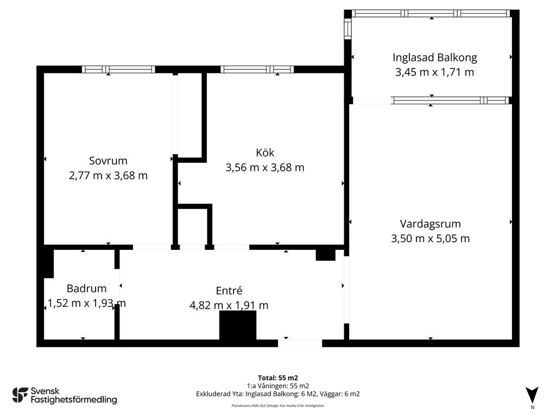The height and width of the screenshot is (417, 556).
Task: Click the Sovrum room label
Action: tap(108, 161)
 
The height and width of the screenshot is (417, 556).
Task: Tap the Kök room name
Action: tap(265, 153)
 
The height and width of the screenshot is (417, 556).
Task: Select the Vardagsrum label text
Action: tap(430, 224)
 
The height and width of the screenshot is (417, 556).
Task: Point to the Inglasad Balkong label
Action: tap(435, 58)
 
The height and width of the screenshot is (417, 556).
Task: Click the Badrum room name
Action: tap(86, 288)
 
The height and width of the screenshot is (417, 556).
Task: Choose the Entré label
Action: tap(229, 291)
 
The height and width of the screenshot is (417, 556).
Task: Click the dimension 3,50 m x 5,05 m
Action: tap(430, 239)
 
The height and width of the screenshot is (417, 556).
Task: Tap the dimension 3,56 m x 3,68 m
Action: tap(265, 167)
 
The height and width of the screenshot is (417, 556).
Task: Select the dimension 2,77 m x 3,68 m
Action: tap(108, 175)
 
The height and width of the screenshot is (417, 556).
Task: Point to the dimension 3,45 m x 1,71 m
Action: tap(435, 72)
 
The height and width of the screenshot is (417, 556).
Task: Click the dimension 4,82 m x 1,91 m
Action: tap(229, 305)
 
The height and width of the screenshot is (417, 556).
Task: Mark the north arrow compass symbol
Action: tap(532, 395)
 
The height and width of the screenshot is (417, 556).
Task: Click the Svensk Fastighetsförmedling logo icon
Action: tap(20, 395)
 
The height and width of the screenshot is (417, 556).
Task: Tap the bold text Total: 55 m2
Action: tap(278, 378)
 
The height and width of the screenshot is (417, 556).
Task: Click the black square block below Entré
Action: tap(238, 325)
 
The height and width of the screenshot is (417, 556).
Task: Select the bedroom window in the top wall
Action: tap(118, 69)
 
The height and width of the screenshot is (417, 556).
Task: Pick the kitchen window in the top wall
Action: tap(257, 69)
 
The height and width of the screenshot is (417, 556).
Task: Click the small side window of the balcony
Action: tap(347, 28)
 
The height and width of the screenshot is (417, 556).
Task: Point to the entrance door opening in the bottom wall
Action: tap(300, 343)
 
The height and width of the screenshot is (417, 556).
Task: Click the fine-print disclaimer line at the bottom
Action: tap(278, 406)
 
